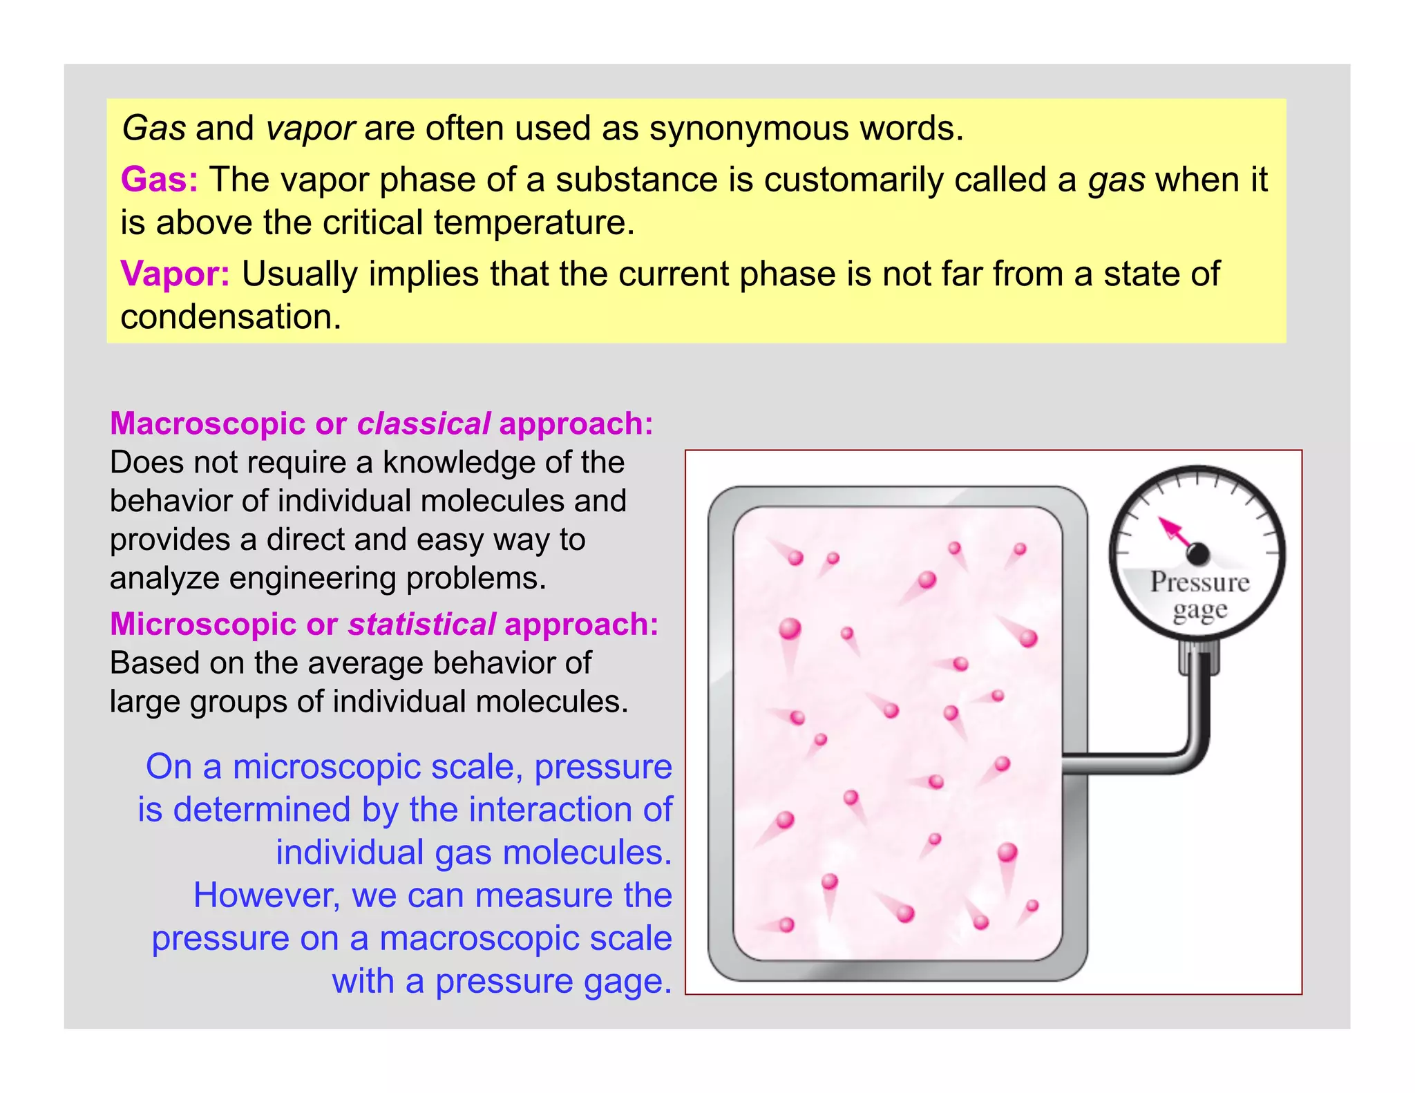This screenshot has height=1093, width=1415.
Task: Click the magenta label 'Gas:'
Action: click(x=159, y=180)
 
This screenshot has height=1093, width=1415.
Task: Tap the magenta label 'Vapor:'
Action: click(x=175, y=274)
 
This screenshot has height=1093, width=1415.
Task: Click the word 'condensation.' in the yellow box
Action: click(x=231, y=317)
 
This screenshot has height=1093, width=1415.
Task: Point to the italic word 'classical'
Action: click(x=424, y=424)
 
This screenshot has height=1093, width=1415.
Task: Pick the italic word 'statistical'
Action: click(x=421, y=625)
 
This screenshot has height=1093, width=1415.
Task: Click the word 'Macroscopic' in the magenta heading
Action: click(x=207, y=424)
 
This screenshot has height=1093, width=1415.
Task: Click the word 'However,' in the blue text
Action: click(x=267, y=895)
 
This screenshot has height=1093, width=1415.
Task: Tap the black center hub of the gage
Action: click(x=1198, y=553)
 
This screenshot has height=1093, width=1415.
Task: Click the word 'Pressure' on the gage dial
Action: click(x=1199, y=582)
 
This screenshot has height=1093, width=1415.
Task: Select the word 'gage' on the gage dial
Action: click(x=1199, y=611)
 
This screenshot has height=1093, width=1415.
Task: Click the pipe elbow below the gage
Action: click(x=1194, y=754)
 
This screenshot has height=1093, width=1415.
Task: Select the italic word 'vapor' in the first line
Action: click(x=310, y=129)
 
